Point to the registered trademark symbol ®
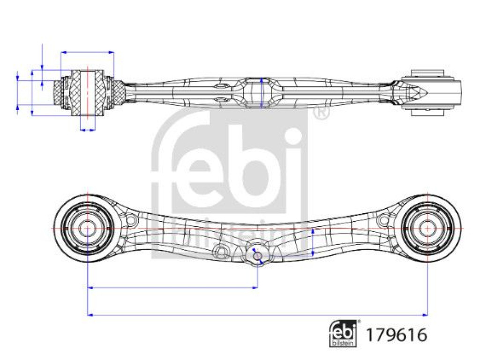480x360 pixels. coord(321,113)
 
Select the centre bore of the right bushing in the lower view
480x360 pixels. coord(427,228)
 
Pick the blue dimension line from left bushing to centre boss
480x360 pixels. coord(172,288)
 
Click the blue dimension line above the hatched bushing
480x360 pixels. coord(88,52)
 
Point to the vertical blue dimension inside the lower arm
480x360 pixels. coord(313,242)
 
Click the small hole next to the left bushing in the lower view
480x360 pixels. coord(130,219)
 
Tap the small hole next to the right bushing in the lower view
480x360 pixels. coord(384,219)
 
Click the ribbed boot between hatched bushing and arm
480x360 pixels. coord(119,92)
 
